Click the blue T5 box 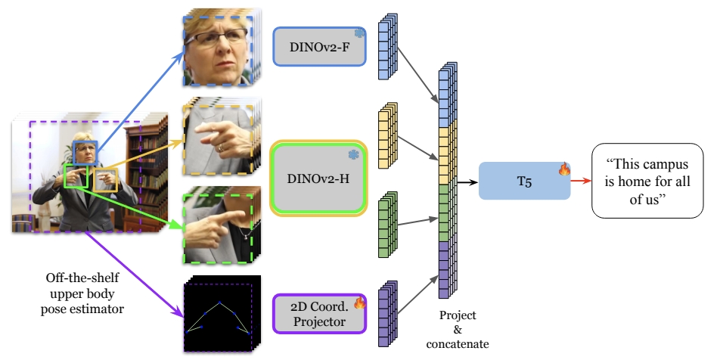click(x=524, y=181)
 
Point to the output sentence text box click(x=651, y=181)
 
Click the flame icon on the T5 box click(x=563, y=169)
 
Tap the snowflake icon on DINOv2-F click(x=359, y=33)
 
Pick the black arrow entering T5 click(x=468, y=182)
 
